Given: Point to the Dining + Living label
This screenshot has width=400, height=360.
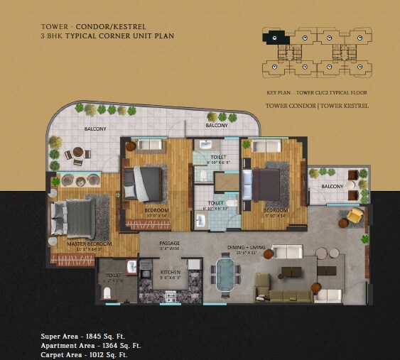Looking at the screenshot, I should (x=248, y=248).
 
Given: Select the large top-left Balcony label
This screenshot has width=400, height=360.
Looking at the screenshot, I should (x=95, y=129).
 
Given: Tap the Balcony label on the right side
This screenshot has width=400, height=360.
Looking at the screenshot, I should (x=332, y=187).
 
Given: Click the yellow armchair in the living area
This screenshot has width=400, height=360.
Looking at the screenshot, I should (x=355, y=215).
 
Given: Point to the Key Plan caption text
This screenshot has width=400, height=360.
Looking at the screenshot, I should (x=316, y=93).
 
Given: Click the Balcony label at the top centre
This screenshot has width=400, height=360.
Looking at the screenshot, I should (x=217, y=126).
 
